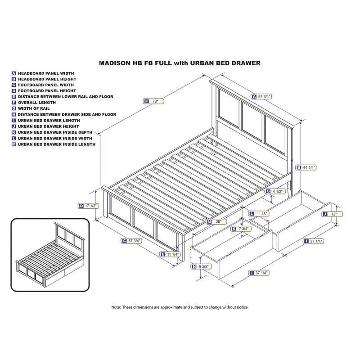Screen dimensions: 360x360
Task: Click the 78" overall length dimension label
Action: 154,102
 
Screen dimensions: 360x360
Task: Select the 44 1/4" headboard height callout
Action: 309,167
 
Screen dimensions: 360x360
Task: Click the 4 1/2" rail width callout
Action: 277,191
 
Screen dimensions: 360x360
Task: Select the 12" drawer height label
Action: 334,215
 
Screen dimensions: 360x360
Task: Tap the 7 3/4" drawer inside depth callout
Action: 243,229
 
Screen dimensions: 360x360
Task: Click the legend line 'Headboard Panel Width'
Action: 46,73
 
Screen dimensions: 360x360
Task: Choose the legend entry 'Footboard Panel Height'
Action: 46,91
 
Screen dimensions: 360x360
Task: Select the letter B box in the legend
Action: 14,79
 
